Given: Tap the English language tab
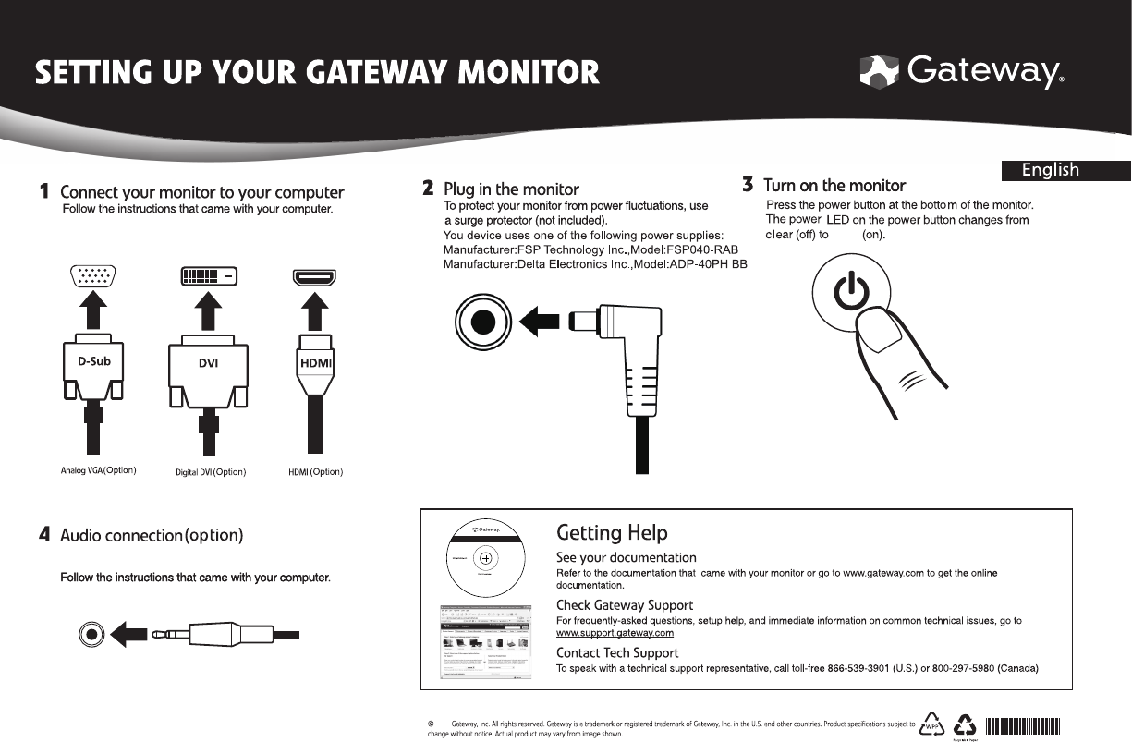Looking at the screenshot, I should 1051,170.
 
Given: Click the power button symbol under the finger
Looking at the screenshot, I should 850,294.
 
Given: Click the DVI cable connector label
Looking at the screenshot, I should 208,363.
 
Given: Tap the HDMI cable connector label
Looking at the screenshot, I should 315,363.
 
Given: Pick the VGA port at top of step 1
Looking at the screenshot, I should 93,276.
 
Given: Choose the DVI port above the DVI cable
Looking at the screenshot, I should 208,275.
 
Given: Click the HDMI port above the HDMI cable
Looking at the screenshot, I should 314,276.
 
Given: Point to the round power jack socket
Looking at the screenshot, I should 482,322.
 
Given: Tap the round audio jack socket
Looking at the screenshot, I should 91,635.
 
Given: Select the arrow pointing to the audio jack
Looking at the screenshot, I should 131,635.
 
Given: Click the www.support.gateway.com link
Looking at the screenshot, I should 615,633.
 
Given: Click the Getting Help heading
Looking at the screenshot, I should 611,533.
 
